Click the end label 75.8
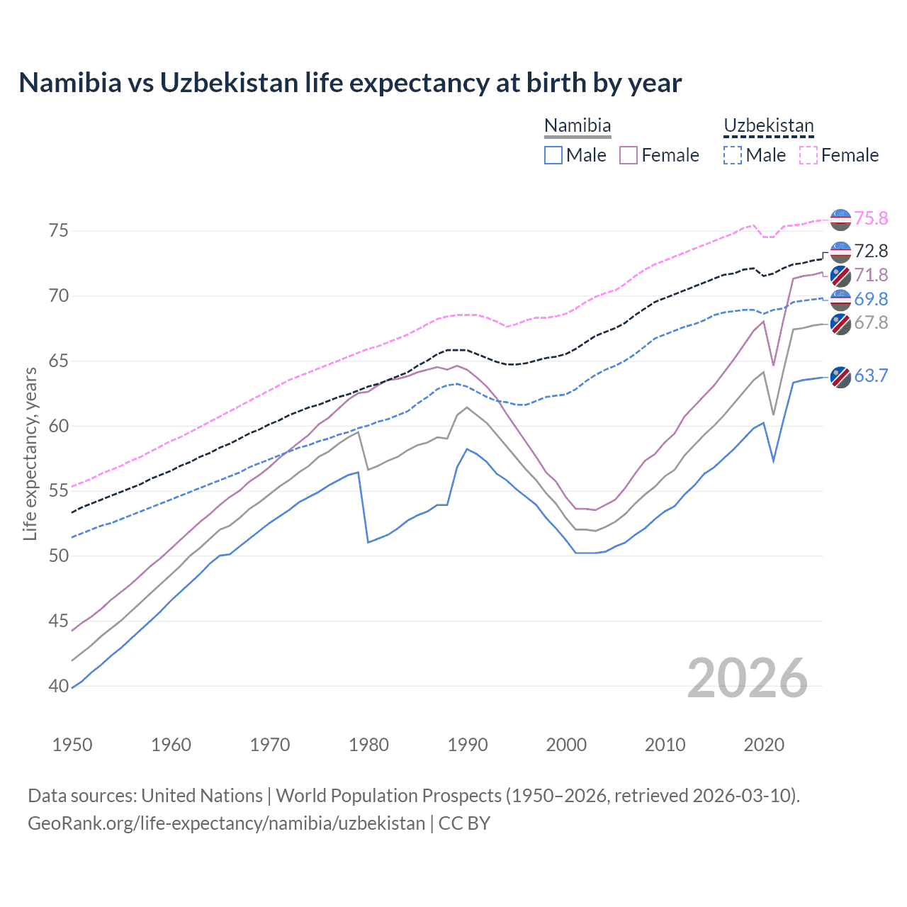[870, 219]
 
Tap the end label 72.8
[870, 252]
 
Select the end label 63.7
[870, 376]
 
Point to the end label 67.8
[870, 323]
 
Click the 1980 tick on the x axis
[369, 745]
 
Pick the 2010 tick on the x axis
[665, 745]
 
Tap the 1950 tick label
[73, 745]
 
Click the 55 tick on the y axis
[59, 491]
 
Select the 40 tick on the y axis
[59, 686]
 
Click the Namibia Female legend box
[629, 155]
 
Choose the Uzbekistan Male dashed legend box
[733, 155]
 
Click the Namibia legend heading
[578, 126]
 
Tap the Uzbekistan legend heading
[768, 126]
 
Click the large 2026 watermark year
[747, 679]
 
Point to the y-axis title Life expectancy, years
[30, 453]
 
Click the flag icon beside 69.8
[840, 300]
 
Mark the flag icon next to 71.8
[840, 276]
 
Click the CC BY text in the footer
[464, 823]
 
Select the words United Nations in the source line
[202, 796]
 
